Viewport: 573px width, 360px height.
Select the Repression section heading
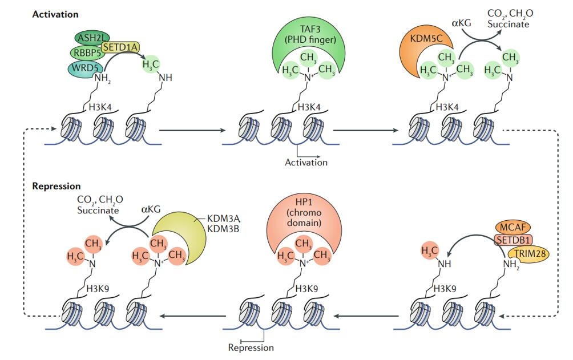tap(57, 186)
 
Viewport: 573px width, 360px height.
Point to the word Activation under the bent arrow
tap(306, 163)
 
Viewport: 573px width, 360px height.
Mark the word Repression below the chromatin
tap(251, 347)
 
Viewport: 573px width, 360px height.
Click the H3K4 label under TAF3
tap(309, 107)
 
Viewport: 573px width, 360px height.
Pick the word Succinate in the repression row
tap(97, 210)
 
